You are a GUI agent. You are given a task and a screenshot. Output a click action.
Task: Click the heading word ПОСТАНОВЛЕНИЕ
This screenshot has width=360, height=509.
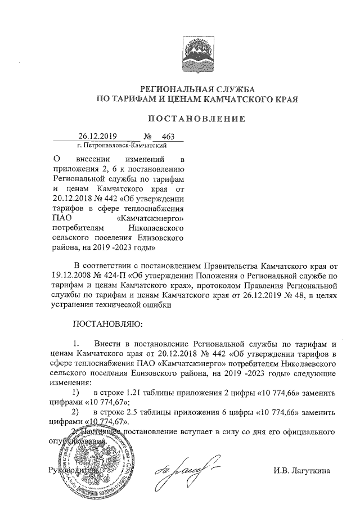pyautogui.click(x=196, y=119)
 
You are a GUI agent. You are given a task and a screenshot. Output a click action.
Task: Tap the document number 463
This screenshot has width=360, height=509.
pyautogui.click(x=168, y=137)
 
